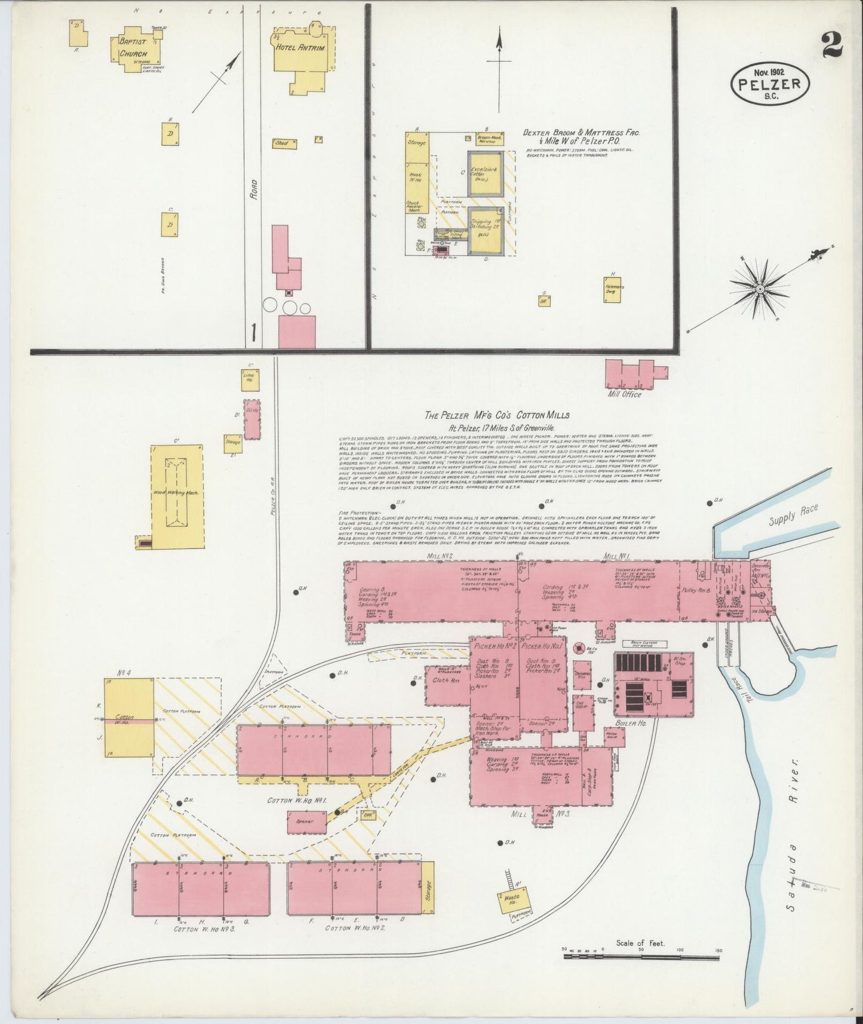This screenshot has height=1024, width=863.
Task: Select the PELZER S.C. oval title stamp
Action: click(770, 84)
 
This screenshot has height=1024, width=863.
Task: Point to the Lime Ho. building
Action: click(248, 376)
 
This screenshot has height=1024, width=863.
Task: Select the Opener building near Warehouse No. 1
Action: click(307, 821)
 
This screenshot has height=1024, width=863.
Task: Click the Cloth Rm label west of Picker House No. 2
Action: click(447, 680)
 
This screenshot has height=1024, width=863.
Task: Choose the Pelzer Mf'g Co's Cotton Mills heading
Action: click(497, 415)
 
